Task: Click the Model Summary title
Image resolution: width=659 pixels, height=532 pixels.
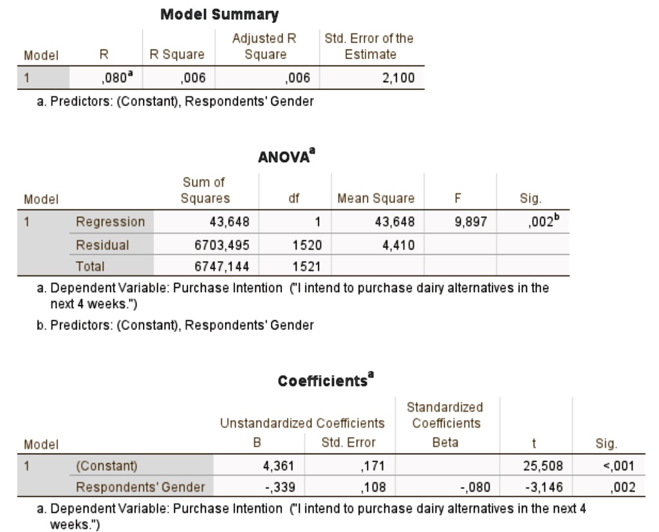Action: point(219,15)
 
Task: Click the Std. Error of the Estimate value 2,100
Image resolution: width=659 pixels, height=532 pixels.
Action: point(398,78)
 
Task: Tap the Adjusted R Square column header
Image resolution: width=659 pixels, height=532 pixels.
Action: point(265,46)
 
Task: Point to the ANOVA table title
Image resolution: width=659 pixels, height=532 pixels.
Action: point(286,156)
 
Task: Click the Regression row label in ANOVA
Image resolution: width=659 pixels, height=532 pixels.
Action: point(110,221)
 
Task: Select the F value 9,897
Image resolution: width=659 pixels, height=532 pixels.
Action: point(470,221)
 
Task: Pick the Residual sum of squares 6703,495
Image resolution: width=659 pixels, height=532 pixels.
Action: point(222,245)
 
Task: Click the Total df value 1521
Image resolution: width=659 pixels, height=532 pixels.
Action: point(307,266)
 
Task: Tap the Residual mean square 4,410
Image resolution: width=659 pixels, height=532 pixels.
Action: point(398,245)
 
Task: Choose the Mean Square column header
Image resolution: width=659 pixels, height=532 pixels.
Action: point(376,198)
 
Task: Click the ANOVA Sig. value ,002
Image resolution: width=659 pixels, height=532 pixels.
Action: point(543,221)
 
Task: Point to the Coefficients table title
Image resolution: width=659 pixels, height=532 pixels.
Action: point(326,380)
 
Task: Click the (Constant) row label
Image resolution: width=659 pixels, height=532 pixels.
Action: point(107,466)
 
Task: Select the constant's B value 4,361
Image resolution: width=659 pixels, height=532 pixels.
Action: point(278,466)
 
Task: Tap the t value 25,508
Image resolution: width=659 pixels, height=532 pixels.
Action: point(543,466)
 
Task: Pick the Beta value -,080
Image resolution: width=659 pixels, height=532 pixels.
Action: point(476,487)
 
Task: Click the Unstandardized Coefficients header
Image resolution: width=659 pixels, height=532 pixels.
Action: point(302,423)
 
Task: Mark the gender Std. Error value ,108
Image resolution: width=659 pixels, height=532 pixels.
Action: point(373,487)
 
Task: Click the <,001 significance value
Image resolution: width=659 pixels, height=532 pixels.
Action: point(618,466)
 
